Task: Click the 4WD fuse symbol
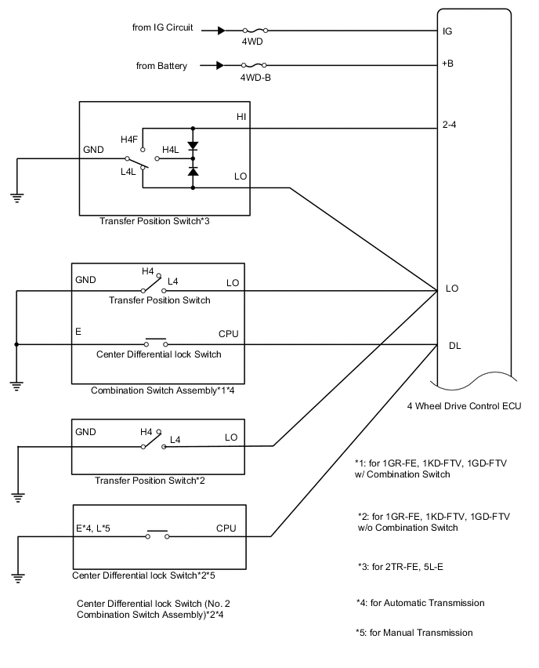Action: point(252,31)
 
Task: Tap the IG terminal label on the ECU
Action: point(447,31)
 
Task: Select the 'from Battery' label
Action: point(161,66)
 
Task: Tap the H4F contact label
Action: point(130,139)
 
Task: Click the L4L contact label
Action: point(129,171)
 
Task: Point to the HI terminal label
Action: point(242,116)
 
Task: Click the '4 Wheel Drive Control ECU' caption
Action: point(464,405)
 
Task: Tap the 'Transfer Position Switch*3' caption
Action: point(154,221)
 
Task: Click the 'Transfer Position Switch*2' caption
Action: point(150,480)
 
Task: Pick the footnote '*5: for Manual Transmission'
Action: point(414,632)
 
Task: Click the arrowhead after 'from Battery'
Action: point(221,66)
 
